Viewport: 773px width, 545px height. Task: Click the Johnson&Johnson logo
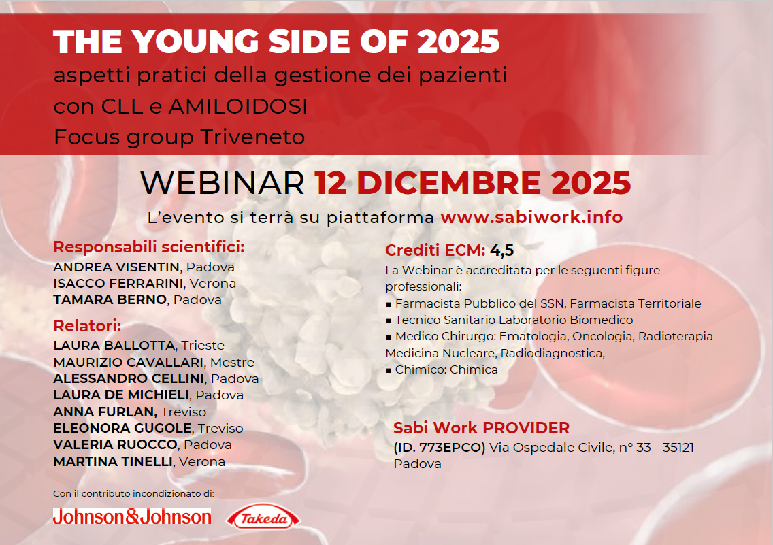(132, 517)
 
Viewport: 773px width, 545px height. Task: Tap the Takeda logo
(264, 518)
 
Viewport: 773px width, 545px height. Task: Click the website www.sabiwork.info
(531, 218)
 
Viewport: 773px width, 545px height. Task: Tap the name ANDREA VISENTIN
(116, 267)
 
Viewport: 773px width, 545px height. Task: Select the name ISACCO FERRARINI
(118, 283)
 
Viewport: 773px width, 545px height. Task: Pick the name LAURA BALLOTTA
(114, 346)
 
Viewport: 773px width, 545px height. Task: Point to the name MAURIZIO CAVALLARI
(129, 362)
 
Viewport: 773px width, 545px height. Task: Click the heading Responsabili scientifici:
(149, 246)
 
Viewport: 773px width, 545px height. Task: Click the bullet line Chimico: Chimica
(445, 369)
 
